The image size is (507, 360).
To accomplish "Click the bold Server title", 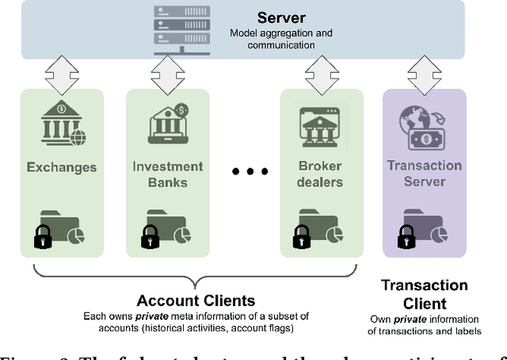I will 280,17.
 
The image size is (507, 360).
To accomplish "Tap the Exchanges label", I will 61,167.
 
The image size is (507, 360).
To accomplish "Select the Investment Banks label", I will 167,174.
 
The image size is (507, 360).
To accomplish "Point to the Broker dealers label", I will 321,174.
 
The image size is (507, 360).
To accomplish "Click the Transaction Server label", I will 425,173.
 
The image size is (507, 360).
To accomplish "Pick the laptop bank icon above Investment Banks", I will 167,123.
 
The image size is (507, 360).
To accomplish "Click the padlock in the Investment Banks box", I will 150,236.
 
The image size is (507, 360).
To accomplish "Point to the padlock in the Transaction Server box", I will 407,236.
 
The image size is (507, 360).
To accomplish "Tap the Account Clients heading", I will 196,301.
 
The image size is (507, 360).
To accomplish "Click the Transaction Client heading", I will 425,294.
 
